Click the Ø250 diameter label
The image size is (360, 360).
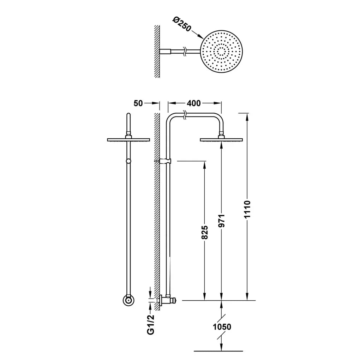pyautogui.click(x=182, y=25)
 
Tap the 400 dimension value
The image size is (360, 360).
pyautogui.click(x=193, y=103)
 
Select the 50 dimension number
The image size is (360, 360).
pyautogui.click(x=138, y=103)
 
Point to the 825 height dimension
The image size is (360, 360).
pyautogui.click(x=205, y=232)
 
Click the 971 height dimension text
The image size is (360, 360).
pyautogui.click(x=221, y=221)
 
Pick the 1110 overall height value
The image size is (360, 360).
pyautogui.click(x=247, y=209)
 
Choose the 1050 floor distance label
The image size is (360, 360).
pyautogui.click(x=222, y=326)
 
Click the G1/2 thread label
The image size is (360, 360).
pyautogui.click(x=150, y=324)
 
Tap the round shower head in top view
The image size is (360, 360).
pyautogui.click(x=221, y=51)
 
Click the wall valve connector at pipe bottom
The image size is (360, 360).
pyautogui.click(x=167, y=300)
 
